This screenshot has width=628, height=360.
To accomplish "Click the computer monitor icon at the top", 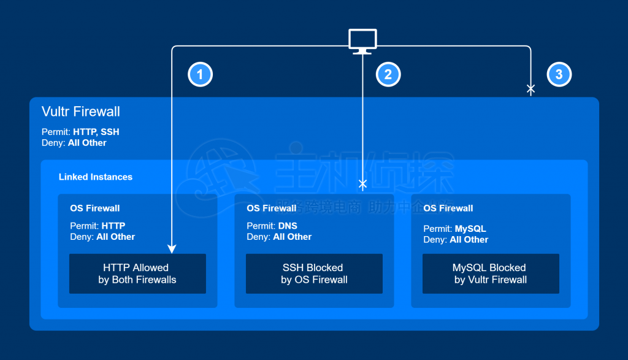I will pyautogui.click(x=362, y=40).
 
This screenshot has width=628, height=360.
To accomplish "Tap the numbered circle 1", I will pyautogui.click(x=200, y=75).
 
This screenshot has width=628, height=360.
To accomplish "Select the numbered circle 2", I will pyautogui.click(x=388, y=75).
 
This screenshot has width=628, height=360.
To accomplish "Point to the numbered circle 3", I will pyautogui.click(x=559, y=75).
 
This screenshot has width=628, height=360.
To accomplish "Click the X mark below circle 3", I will pyautogui.click(x=531, y=90).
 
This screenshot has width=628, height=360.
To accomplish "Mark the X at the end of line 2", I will pyautogui.click(x=362, y=184).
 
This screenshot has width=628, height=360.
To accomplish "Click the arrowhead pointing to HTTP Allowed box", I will pyautogui.click(x=172, y=249).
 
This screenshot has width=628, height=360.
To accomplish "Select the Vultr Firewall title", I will pyautogui.click(x=80, y=112).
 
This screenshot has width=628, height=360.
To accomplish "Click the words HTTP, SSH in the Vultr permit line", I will pyautogui.click(x=96, y=132).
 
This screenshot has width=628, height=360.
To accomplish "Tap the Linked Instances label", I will pyautogui.click(x=96, y=177).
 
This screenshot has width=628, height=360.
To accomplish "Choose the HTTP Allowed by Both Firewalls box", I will pyautogui.click(x=137, y=274).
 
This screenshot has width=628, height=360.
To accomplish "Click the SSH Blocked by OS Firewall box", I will pyautogui.click(x=314, y=274).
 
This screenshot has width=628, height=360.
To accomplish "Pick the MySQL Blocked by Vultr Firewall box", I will pyautogui.click(x=491, y=274).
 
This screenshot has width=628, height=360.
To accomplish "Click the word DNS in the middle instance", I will pyautogui.click(x=288, y=226).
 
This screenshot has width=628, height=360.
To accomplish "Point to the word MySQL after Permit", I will pyautogui.click(x=470, y=229).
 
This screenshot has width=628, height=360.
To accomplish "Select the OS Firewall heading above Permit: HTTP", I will pyautogui.click(x=95, y=209).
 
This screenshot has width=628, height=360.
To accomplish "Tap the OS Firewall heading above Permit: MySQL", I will pyautogui.click(x=448, y=209).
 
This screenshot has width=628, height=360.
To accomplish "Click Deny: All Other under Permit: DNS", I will pyautogui.click(x=279, y=237).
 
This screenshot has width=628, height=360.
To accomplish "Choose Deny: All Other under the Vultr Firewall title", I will pyautogui.click(x=74, y=143).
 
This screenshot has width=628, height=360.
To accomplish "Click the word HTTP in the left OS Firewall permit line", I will pyautogui.click(x=113, y=226).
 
